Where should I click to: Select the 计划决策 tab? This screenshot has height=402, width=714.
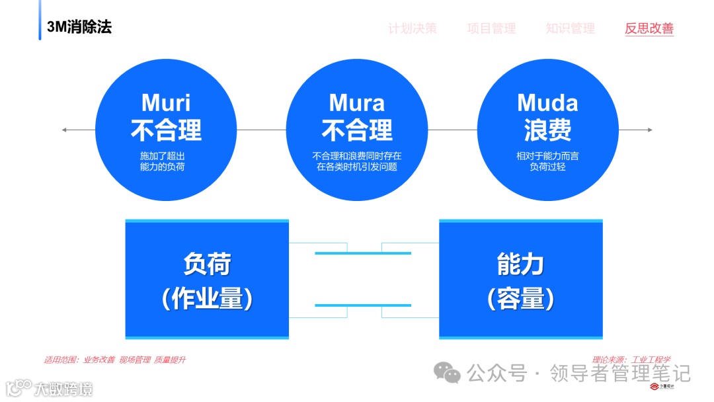click(x=413, y=28)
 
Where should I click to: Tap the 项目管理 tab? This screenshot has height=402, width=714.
click(x=491, y=28)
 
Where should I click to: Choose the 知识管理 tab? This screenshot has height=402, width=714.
click(x=570, y=28)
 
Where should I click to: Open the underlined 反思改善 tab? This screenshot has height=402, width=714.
click(x=649, y=28)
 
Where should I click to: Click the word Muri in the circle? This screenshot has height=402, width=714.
click(x=166, y=102)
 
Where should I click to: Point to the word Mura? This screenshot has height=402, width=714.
click(x=356, y=102)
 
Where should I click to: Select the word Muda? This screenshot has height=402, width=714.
click(x=547, y=102)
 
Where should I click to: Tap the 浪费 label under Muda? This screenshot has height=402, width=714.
click(x=547, y=130)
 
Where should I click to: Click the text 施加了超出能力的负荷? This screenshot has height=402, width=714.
click(x=166, y=161)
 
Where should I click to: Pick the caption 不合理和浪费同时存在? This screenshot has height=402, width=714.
click(x=356, y=156)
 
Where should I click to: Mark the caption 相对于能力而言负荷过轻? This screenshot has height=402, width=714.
click(x=547, y=161)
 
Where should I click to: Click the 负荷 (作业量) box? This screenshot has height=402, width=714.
click(x=207, y=280)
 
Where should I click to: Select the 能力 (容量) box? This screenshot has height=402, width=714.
click(x=521, y=280)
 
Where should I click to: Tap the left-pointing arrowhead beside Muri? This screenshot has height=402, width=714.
click(x=65, y=130)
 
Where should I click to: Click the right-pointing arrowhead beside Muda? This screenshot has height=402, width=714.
click(x=649, y=130)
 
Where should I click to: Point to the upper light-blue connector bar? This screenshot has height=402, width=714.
click(x=363, y=253)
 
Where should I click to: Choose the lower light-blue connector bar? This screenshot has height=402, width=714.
click(x=363, y=305)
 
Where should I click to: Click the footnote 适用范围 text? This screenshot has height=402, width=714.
click(x=114, y=360)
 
